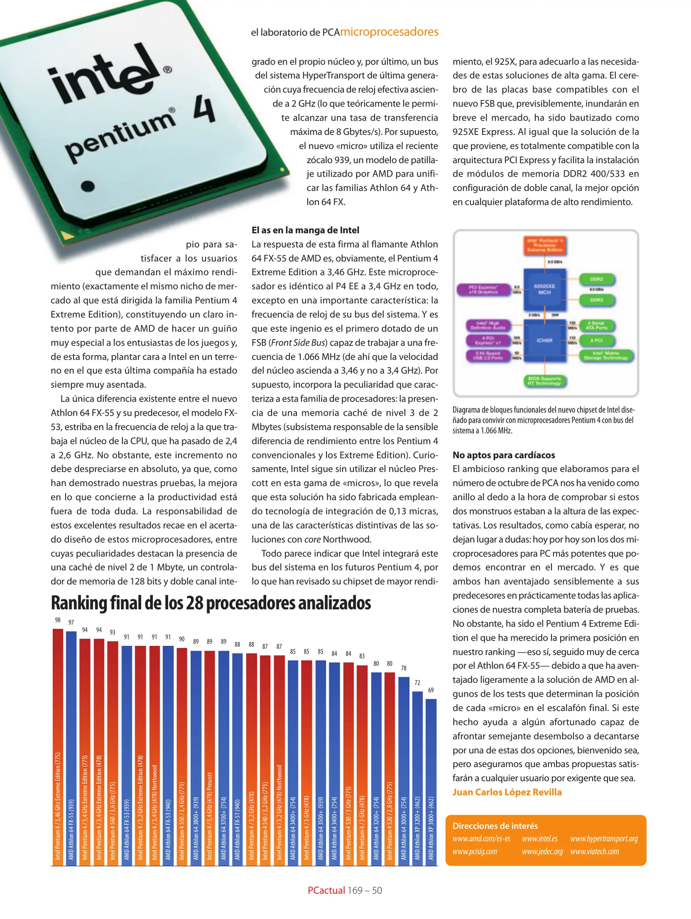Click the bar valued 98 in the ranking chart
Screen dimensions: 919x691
pyautogui.click(x=58, y=745)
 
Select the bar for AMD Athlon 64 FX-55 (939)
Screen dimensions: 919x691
pyautogui.click(x=72, y=745)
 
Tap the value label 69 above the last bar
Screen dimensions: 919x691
pyautogui.click(x=431, y=690)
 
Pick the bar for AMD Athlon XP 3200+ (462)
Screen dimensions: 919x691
pyautogui.click(x=418, y=774)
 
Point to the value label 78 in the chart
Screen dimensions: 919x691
pyautogui.click(x=404, y=668)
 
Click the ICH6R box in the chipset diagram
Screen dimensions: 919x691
pyautogui.click(x=544, y=341)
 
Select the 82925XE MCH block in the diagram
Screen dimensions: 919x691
pyautogui.click(x=545, y=289)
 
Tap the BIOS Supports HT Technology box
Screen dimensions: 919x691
pyautogui.click(x=545, y=381)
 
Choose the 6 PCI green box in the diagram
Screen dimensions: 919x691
pyautogui.click(x=596, y=340)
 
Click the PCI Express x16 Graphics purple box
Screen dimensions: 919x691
pyautogui.click(x=483, y=289)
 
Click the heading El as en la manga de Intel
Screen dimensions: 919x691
pyautogui.click(x=305, y=230)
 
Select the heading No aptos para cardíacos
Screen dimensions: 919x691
pyautogui.click(x=504, y=455)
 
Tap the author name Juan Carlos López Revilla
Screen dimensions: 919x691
pyautogui.click(x=507, y=792)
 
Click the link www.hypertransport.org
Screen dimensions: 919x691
pyautogui.click(x=604, y=839)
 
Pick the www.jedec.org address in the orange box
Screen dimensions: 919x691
pyautogui.click(x=542, y=851)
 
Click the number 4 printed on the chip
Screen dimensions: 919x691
pyautogui.click(x=204, y=109)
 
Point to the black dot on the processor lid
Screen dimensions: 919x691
pyautogui.click(x=87, y=186)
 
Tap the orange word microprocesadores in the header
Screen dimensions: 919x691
pyautogui.click(x=389, y=32)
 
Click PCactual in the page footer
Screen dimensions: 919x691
pyautogui.click(x=326, y=890)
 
